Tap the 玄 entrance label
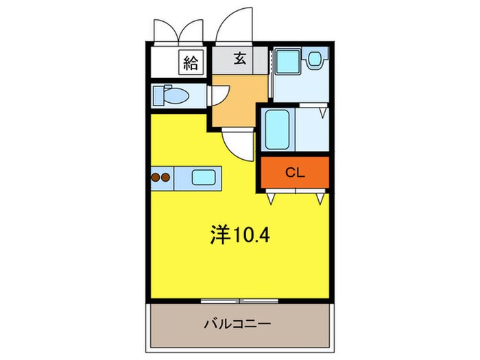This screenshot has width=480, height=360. coord(240,60)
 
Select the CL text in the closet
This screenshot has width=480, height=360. coord(295,173)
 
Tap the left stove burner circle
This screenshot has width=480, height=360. coord(156,178)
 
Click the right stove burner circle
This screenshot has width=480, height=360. coord(165,178)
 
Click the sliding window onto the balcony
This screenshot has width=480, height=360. coord(239,300)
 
